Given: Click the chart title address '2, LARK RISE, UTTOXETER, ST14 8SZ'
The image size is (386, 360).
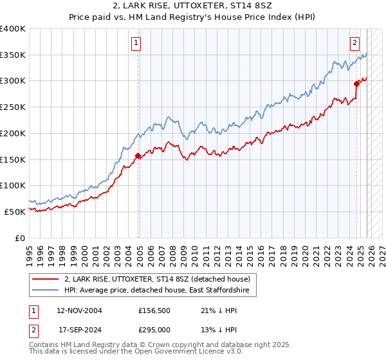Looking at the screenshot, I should (192, 6).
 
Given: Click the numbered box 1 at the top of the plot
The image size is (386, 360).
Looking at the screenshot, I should (137, 43).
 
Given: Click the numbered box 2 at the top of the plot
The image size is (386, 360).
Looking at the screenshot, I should (354, 43).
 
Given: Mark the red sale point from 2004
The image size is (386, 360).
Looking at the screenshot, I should (138, 156).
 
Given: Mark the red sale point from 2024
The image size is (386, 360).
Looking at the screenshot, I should (356, 83).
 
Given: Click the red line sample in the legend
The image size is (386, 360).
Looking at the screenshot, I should (46, 279).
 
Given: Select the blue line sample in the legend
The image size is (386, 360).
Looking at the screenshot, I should (46, 291).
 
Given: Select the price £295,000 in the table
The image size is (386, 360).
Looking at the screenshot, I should (154, 330).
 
